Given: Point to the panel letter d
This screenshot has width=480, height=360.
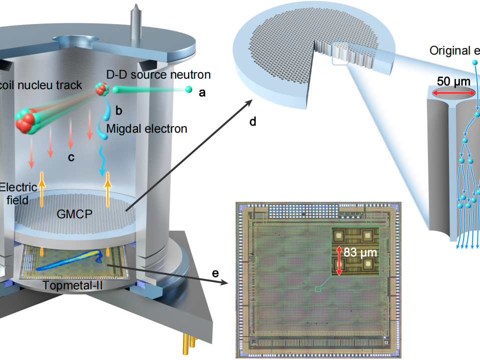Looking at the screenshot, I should [253, 122].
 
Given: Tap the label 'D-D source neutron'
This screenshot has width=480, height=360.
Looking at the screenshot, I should [158, 75].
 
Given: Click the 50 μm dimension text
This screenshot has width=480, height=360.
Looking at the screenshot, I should [454, 81].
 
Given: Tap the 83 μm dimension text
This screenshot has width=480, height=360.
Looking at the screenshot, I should [360, 252].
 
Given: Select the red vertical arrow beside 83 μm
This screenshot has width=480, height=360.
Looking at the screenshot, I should [339, 260].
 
